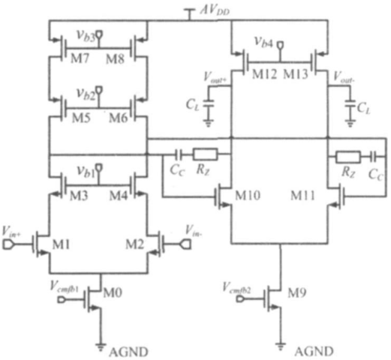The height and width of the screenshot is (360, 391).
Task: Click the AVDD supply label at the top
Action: tap(215, 11)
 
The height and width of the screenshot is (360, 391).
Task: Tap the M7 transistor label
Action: tap(80, 58)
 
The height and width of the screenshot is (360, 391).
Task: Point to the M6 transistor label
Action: tap(119, 118)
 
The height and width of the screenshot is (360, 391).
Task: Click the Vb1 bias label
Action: tap(86, 172)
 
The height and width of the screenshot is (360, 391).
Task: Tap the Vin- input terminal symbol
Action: tap(186, 244)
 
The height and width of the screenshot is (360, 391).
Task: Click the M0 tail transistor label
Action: tap(113, 292)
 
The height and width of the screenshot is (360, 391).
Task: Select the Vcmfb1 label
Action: tap(65, 286)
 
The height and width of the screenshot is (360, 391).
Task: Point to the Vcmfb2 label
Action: tap(237, 287)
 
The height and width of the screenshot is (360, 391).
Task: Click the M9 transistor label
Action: tap(296, 292)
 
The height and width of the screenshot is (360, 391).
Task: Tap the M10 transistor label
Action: tap(248, 195)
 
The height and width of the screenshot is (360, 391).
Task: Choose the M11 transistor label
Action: tap(302, 195)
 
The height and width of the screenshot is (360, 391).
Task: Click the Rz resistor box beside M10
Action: tap(205, 154)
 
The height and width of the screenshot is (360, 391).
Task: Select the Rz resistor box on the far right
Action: tap(348, 157)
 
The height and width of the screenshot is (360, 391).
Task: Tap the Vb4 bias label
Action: tap(263, 43)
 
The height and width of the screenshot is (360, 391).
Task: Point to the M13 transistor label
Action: tap(296, 74)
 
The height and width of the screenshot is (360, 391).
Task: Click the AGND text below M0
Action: tap(128, 352)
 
